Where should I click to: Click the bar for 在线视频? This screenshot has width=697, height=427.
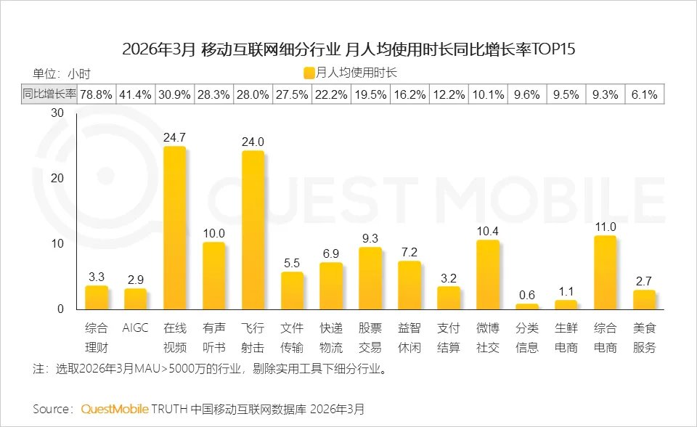(x=174, y=228)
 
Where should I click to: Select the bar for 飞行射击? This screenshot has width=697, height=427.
(x=253, y=230)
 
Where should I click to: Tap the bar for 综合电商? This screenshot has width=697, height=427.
(x=605, y=272)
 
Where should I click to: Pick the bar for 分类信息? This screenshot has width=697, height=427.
(x=527, y=306)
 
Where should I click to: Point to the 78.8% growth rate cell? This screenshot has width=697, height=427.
(x=96, y=94)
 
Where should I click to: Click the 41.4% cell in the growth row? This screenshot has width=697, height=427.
(x=135, y=94)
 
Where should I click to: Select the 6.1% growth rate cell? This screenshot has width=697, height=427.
(x=644, y=94)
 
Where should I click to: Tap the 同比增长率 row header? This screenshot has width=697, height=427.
(x=49, y=94)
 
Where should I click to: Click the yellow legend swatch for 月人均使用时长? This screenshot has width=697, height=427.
(x=309, y=73)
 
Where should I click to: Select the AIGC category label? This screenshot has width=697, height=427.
(x=135, y=328)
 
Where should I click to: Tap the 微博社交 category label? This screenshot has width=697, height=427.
(x=488, y=338)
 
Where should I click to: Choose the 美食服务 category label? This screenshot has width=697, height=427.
(x=644, y=338)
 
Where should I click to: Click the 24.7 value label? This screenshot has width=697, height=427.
(x=174, y=137)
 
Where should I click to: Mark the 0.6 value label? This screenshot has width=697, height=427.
(x=527, y=294)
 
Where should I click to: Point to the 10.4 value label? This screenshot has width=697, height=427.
(x=488, y=230)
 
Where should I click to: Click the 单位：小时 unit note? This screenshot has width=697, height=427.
(x=61, y=73)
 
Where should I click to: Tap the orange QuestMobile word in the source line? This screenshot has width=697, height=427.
(x=115, y=409)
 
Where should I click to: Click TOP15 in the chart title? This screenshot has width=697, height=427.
(x=553, y=49)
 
